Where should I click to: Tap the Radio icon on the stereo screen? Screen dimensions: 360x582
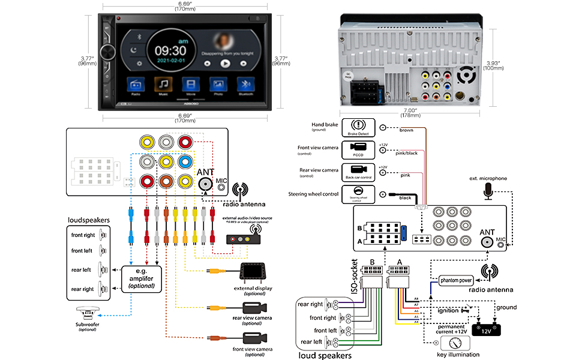point(136,85)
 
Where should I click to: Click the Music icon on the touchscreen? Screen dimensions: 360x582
point(163,85)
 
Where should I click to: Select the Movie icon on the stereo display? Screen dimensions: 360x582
point(190,85)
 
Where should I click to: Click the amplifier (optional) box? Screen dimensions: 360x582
point(141,277)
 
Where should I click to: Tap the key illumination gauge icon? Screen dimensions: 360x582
point(454,343)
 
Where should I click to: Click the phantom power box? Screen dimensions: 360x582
point(456,280)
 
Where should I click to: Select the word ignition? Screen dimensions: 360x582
point(446,311)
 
